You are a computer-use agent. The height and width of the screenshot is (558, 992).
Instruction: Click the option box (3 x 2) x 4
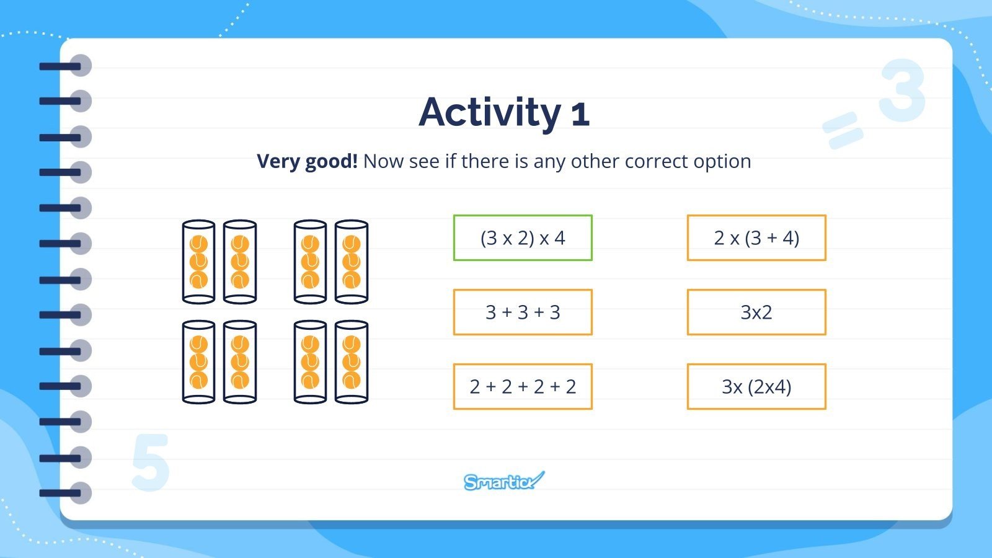tap(523, 238)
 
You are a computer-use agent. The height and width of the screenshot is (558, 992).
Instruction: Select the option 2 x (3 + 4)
tap(756, 238)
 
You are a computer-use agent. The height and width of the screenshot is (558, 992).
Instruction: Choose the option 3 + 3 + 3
tap(523, 312)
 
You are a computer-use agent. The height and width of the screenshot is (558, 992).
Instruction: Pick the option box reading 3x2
tap(756, 312)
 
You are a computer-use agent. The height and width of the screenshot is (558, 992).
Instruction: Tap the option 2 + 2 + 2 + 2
tap(523, 387)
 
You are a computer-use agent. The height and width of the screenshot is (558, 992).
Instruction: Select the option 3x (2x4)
tap(756, 387)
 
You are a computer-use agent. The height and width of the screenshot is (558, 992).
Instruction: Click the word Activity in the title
tap(490, 113)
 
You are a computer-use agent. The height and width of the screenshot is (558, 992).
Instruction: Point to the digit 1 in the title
tap(580, 114)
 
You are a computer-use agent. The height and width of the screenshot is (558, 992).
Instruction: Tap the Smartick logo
tap(504, 481)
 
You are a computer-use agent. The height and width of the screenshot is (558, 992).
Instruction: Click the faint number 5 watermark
tap(151, 463)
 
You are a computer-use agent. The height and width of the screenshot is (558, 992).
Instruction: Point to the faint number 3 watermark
tap(902, 91)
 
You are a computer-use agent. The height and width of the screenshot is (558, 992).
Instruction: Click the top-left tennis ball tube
tap(198, 262)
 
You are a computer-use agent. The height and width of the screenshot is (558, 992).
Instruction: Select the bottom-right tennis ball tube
tap(351, 362)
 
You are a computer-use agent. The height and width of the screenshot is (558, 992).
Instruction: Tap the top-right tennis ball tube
tap(351, 262)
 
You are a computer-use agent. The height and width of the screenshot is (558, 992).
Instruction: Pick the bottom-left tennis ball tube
tap(198, 362)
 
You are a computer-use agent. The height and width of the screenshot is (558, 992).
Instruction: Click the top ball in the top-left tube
tap(198, 244)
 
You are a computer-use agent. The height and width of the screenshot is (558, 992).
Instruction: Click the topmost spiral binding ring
tap(66, 66)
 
